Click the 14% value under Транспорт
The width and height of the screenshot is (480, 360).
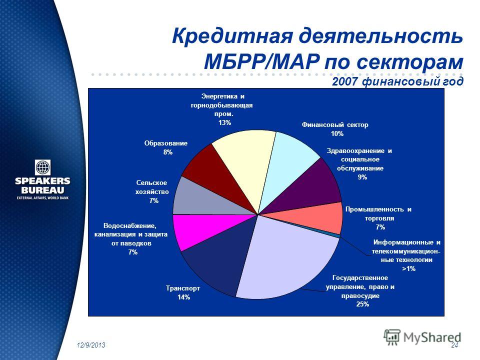point(183,297)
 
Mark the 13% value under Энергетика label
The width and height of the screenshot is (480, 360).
point(224,123)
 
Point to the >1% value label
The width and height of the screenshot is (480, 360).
point(408,269)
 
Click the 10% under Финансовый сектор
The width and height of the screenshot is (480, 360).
point(337,134)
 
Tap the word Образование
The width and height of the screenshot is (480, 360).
point(165,143)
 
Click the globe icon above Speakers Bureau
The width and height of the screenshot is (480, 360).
point(43,167)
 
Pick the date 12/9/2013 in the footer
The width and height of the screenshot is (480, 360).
point(91,345)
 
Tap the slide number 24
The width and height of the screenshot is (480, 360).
point(455,345)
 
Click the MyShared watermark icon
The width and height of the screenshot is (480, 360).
point(392,337)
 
